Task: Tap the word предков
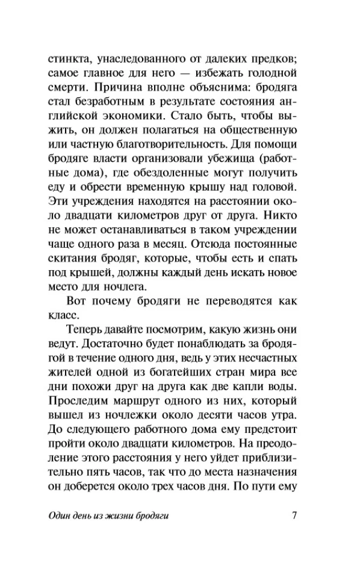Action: (x=272, y=57)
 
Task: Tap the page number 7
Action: (x=294, y=516)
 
